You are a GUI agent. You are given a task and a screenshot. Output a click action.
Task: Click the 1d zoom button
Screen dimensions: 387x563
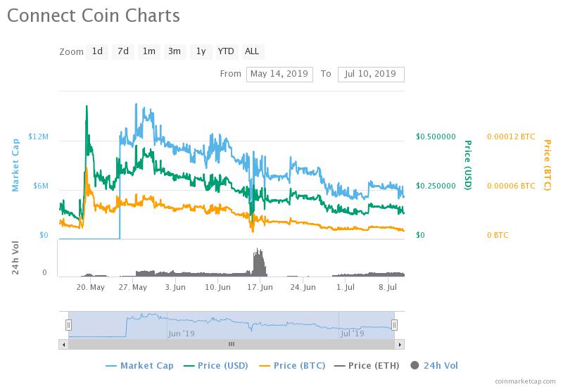(97, 51)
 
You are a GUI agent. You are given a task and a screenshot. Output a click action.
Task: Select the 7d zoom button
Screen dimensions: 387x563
(123, 51)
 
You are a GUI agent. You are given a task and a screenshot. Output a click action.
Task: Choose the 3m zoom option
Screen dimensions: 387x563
(174, 51)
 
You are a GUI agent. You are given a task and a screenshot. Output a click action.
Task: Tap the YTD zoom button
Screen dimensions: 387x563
(225, 51)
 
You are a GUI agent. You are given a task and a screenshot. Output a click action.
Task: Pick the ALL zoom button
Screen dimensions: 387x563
(252, 51)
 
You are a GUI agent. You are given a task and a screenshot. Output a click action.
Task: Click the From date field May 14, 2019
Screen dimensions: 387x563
(279, 74)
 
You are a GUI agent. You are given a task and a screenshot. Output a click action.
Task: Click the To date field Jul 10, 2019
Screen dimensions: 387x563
(371, 74)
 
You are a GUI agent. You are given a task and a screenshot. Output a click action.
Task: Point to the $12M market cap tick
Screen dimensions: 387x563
(38, 137)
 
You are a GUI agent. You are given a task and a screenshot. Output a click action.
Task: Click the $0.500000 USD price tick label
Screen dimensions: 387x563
(436, 137)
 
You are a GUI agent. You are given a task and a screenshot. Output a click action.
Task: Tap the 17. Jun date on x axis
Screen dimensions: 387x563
(260, 287)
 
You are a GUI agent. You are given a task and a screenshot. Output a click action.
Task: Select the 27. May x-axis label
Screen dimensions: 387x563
(133, 287)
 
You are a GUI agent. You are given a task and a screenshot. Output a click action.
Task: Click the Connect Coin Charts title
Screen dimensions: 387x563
(94, 15)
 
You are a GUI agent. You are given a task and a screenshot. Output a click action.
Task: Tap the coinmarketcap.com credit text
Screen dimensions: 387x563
(524, 380)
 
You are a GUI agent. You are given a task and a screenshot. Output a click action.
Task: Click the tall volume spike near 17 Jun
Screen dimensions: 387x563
(259, 262)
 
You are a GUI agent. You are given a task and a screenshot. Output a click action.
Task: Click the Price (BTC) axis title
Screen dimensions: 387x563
(547, 165)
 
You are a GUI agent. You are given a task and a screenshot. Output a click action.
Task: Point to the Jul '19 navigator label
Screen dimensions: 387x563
(352, 334)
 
